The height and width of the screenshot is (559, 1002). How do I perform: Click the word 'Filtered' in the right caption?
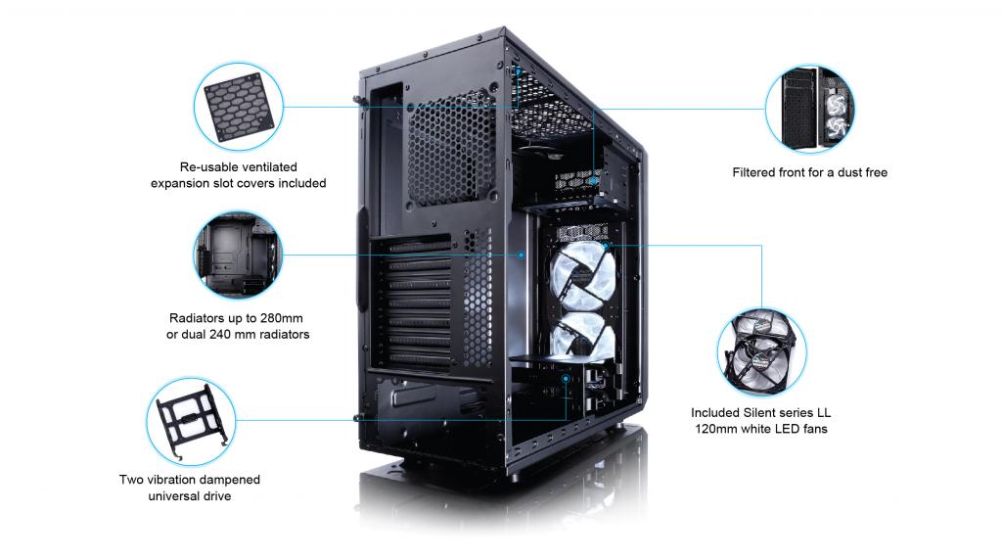(x=758, y=172)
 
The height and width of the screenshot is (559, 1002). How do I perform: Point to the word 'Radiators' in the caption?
(x=197, y=319)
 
